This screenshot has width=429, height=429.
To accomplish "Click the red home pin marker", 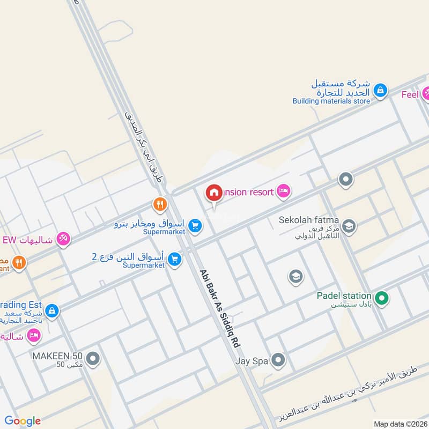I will [x=214, y=193].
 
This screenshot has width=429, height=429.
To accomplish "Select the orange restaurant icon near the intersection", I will [x=160, y=204].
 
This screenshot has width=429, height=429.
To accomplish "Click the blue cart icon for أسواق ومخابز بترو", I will [x=195, y=226].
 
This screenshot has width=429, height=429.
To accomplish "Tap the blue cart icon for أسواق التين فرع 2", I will [x=174, y=260].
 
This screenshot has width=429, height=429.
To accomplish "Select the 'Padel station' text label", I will [x=343, y=295].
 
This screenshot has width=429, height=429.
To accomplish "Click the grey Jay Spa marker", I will [x=278, y=360].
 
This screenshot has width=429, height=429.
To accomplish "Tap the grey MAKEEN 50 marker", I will [x=93, y=359].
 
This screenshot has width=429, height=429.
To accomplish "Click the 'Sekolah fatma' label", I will [x=308, y=220].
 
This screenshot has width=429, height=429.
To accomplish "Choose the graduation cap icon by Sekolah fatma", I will [x=349, y=226].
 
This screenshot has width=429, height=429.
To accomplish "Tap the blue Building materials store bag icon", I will [x=380, y=91].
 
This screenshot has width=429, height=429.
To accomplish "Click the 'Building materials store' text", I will [x=331, y=101].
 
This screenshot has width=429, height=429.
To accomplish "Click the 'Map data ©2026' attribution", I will [x=400, y=424].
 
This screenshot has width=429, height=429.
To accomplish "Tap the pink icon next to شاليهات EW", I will [x=64, y=239].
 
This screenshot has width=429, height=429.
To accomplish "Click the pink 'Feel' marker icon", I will [x=426, y=94].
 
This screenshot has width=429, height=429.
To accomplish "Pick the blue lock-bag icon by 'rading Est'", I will [x=51, y=310].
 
